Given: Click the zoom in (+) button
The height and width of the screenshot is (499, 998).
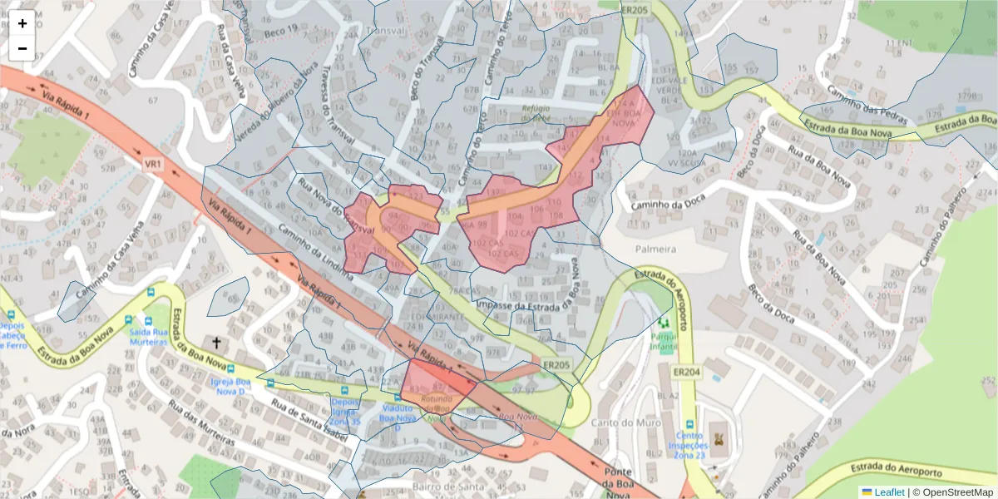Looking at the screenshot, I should [x=22, y=23].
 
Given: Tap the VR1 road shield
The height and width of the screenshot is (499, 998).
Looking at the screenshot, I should [x=153, y=165].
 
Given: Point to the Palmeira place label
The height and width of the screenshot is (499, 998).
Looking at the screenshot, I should [x=655, y=249].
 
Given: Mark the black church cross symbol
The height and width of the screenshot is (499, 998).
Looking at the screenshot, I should [x=217, y=343].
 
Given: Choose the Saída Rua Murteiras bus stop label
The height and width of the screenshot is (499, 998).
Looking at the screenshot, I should [x=150, y=335].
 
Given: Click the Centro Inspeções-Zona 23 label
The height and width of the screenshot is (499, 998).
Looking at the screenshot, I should [x=689, y=445].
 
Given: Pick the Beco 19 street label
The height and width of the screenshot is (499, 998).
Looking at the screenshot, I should [x=280, y=30].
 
